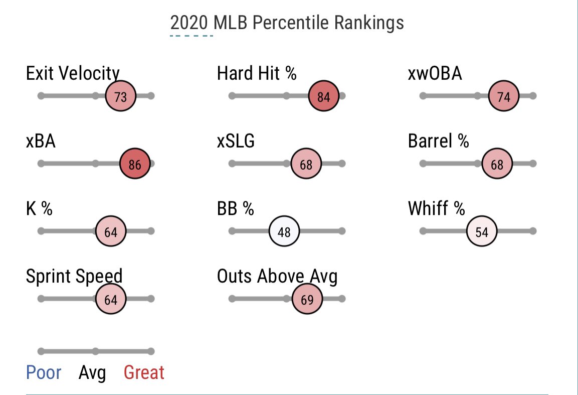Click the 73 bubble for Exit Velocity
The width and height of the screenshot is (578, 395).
(120, 96)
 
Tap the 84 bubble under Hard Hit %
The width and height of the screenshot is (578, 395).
(324, 96)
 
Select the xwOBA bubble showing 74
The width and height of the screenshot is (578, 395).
(503, 96)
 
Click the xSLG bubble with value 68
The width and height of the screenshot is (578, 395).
(306, 164)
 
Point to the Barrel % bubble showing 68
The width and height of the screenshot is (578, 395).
(496, 164)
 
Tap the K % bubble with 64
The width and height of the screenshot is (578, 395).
(110, 231)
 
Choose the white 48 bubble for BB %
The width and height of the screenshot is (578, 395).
(284, 231)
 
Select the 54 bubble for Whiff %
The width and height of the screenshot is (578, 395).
(481, 231)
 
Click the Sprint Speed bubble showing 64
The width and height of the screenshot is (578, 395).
(110, 299)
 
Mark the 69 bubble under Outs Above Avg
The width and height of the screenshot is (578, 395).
(307, 299)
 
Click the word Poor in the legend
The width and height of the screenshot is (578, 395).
(44, 373)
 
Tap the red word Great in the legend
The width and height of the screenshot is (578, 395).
(144, 373)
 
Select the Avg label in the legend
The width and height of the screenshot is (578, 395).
(92, 373)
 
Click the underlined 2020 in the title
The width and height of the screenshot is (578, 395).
(189, 23)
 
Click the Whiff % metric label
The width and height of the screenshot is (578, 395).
(437, 208)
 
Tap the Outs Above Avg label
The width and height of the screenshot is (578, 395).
(277, 276)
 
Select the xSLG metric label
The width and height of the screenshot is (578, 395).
(236, 141)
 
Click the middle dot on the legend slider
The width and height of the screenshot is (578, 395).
(95, 351)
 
